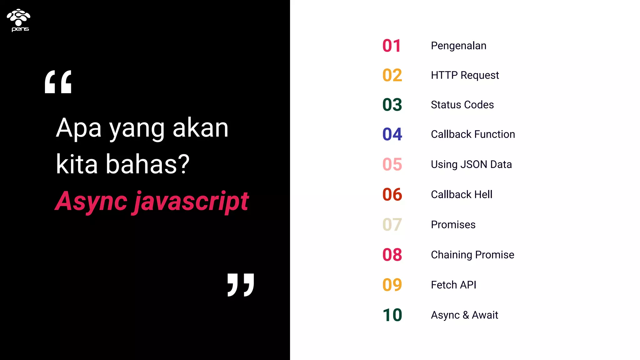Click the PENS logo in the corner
click(19, 20)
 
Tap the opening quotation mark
click(58, 82)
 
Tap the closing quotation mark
click(241, 285)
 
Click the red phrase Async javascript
click(152, 202)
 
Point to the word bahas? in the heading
click(147, 164)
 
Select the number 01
click(392, 46)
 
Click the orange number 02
click(392, 75)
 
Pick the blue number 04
click(392, 134)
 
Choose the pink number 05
click(392, 164)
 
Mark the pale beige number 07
click(392, 225)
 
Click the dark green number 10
click(392, 315)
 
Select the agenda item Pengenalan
click(458, 46)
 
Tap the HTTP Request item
click(465, 75)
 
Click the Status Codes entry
click(462, 105)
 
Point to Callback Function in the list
click(473, 134)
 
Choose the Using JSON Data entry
click(471, 164)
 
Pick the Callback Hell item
click(462, 194)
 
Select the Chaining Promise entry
click(472, 255)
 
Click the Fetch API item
click(453, 285)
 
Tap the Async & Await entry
click(464, 315)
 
